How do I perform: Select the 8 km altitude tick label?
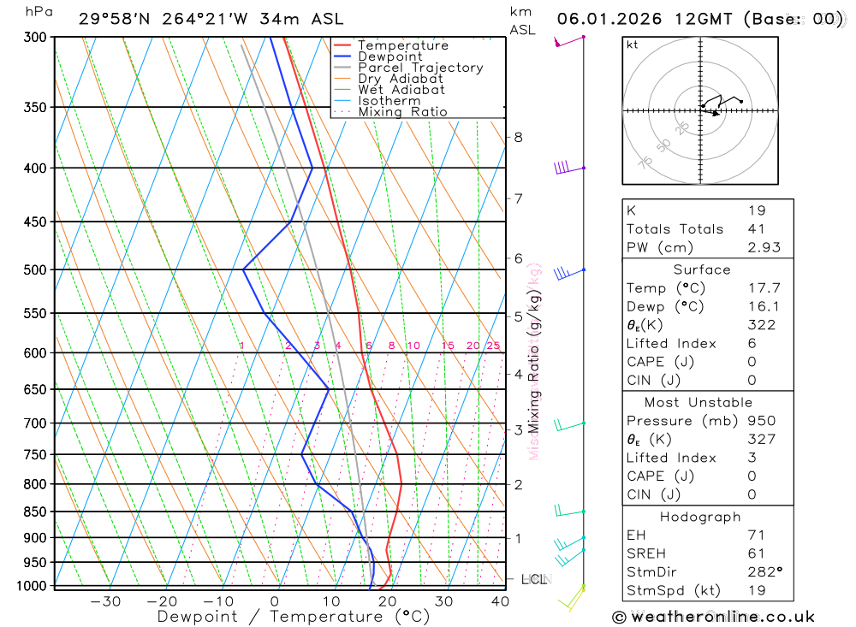pyautogui.click(x=518, y=137)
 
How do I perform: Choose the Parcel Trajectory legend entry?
pyautogui.click(x=419, y=68)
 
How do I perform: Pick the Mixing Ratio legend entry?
pyautogui.click(x=402, y=112)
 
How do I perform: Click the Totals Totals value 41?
pyautogui.click(x=756, y=229)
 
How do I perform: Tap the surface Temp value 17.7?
pyautogui.click(x=764, y=288)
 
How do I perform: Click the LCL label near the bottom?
pyautogui.click(x=533, y=580)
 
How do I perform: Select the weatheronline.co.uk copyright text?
pyautogui.click(x=714, y=617)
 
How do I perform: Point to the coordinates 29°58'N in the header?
pyautogui.click(x=112, y=19)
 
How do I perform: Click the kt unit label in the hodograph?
pyautogui.click(x=633, y=45)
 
